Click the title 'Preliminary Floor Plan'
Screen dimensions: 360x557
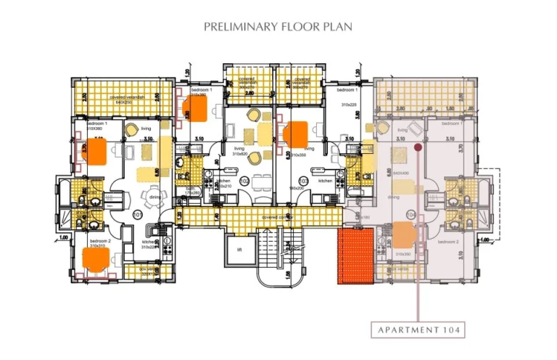coord(278,27)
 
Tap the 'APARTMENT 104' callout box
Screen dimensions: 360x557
coord(418,330)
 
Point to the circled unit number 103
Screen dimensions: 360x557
coord(303,181)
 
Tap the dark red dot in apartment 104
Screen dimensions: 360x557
coord(418,147)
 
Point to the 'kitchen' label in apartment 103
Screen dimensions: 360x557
coord(324,180)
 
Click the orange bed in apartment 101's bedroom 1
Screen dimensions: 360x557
coord(95,152)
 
